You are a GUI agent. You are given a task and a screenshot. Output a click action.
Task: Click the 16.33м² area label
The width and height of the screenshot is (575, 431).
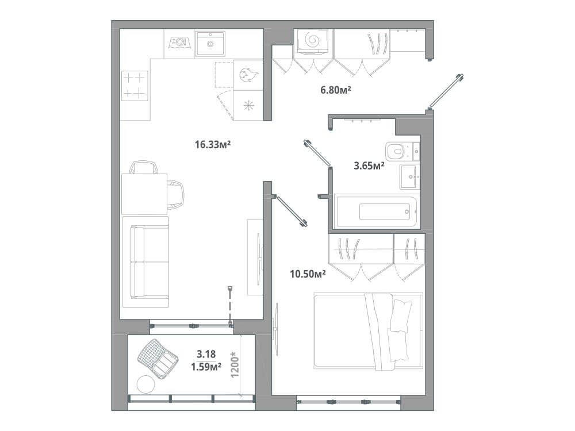[x=213, y=145]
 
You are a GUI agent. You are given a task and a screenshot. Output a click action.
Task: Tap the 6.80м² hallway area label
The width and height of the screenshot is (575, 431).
[x=336, y=90]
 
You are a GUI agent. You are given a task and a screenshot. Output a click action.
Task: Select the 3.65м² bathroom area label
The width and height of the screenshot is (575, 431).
[x=369, y=166]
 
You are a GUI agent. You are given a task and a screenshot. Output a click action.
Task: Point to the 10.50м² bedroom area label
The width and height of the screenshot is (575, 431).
[x=308, y=274]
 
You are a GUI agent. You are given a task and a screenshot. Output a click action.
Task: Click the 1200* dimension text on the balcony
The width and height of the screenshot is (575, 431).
[x=235, y=365]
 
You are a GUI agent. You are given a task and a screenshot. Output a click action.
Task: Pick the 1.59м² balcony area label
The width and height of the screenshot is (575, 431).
[x=206, y=367]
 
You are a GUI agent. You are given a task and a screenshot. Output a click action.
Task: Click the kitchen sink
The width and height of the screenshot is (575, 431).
[x=210, y=44]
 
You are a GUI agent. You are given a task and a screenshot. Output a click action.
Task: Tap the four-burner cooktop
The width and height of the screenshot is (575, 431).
[x=135, y=86]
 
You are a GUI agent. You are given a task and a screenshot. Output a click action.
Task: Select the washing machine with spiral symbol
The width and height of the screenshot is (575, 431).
[x=313, y=41]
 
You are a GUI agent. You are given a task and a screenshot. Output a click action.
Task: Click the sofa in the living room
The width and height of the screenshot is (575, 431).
[x=145, y=262]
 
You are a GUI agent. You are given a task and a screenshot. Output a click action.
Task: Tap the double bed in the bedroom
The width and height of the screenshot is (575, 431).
[x=369, y=330]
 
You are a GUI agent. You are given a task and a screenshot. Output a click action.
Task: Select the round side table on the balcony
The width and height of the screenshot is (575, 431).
[x=145, y=384]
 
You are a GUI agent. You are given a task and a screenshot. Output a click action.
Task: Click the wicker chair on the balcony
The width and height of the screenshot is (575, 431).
[x=158, y=359]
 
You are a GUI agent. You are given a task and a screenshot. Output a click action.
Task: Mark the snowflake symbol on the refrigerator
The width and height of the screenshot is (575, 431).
[x=249, y=106]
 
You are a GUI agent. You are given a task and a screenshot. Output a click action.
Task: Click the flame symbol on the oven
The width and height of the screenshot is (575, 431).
[x=248, y=75]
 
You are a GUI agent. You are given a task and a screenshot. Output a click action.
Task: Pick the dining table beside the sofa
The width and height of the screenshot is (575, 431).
[x=144, y=194]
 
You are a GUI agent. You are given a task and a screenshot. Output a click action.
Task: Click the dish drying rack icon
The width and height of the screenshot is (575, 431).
[x=179, y=43]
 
